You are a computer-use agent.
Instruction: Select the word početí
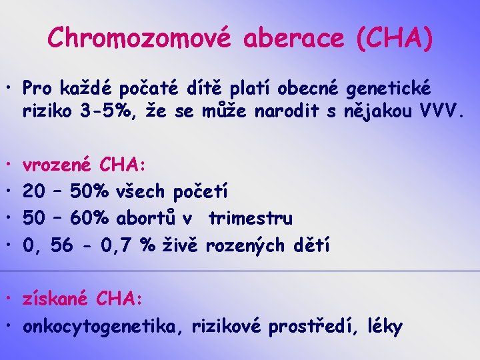point(200,192)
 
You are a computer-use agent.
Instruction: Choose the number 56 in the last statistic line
point(61,246)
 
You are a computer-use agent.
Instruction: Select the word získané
point(55,299)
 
